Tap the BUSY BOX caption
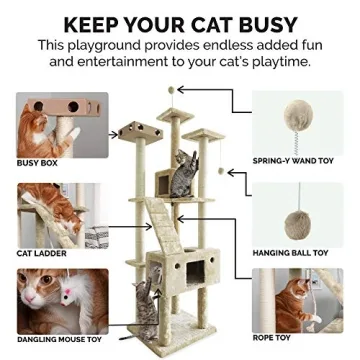37,162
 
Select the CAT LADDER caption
42,254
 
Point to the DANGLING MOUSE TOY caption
59,340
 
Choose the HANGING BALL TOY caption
291,253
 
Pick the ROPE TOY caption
270,338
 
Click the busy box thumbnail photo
62,124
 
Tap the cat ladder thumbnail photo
62,214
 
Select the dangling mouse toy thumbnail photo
62,300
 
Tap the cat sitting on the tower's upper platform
185,172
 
